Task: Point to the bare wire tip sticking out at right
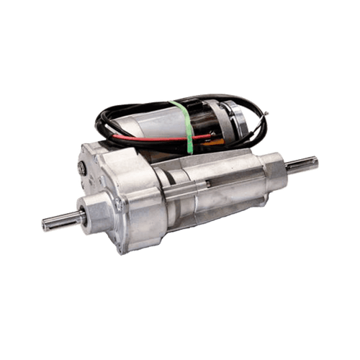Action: pos(266,112)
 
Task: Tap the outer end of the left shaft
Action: pos(43,225)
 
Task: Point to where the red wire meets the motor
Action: pos(214,134)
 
